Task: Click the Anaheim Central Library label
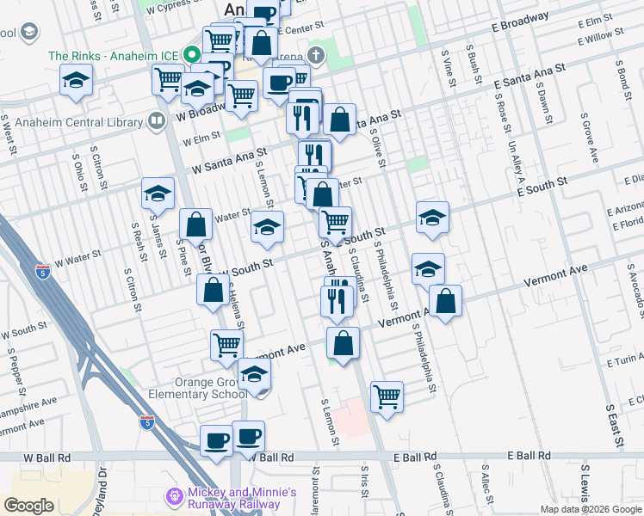click(75, 122)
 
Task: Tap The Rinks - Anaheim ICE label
click(114, 57)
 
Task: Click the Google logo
click(29, 505)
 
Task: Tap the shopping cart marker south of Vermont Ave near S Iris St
click(387, 397)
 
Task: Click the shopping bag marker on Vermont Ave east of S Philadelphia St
click(445, 301)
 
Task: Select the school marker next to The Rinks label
click(76, 81)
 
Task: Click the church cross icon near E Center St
click(316, 57)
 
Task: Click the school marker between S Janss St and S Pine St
click(158, 194)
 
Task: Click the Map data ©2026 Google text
click(590, 509)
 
